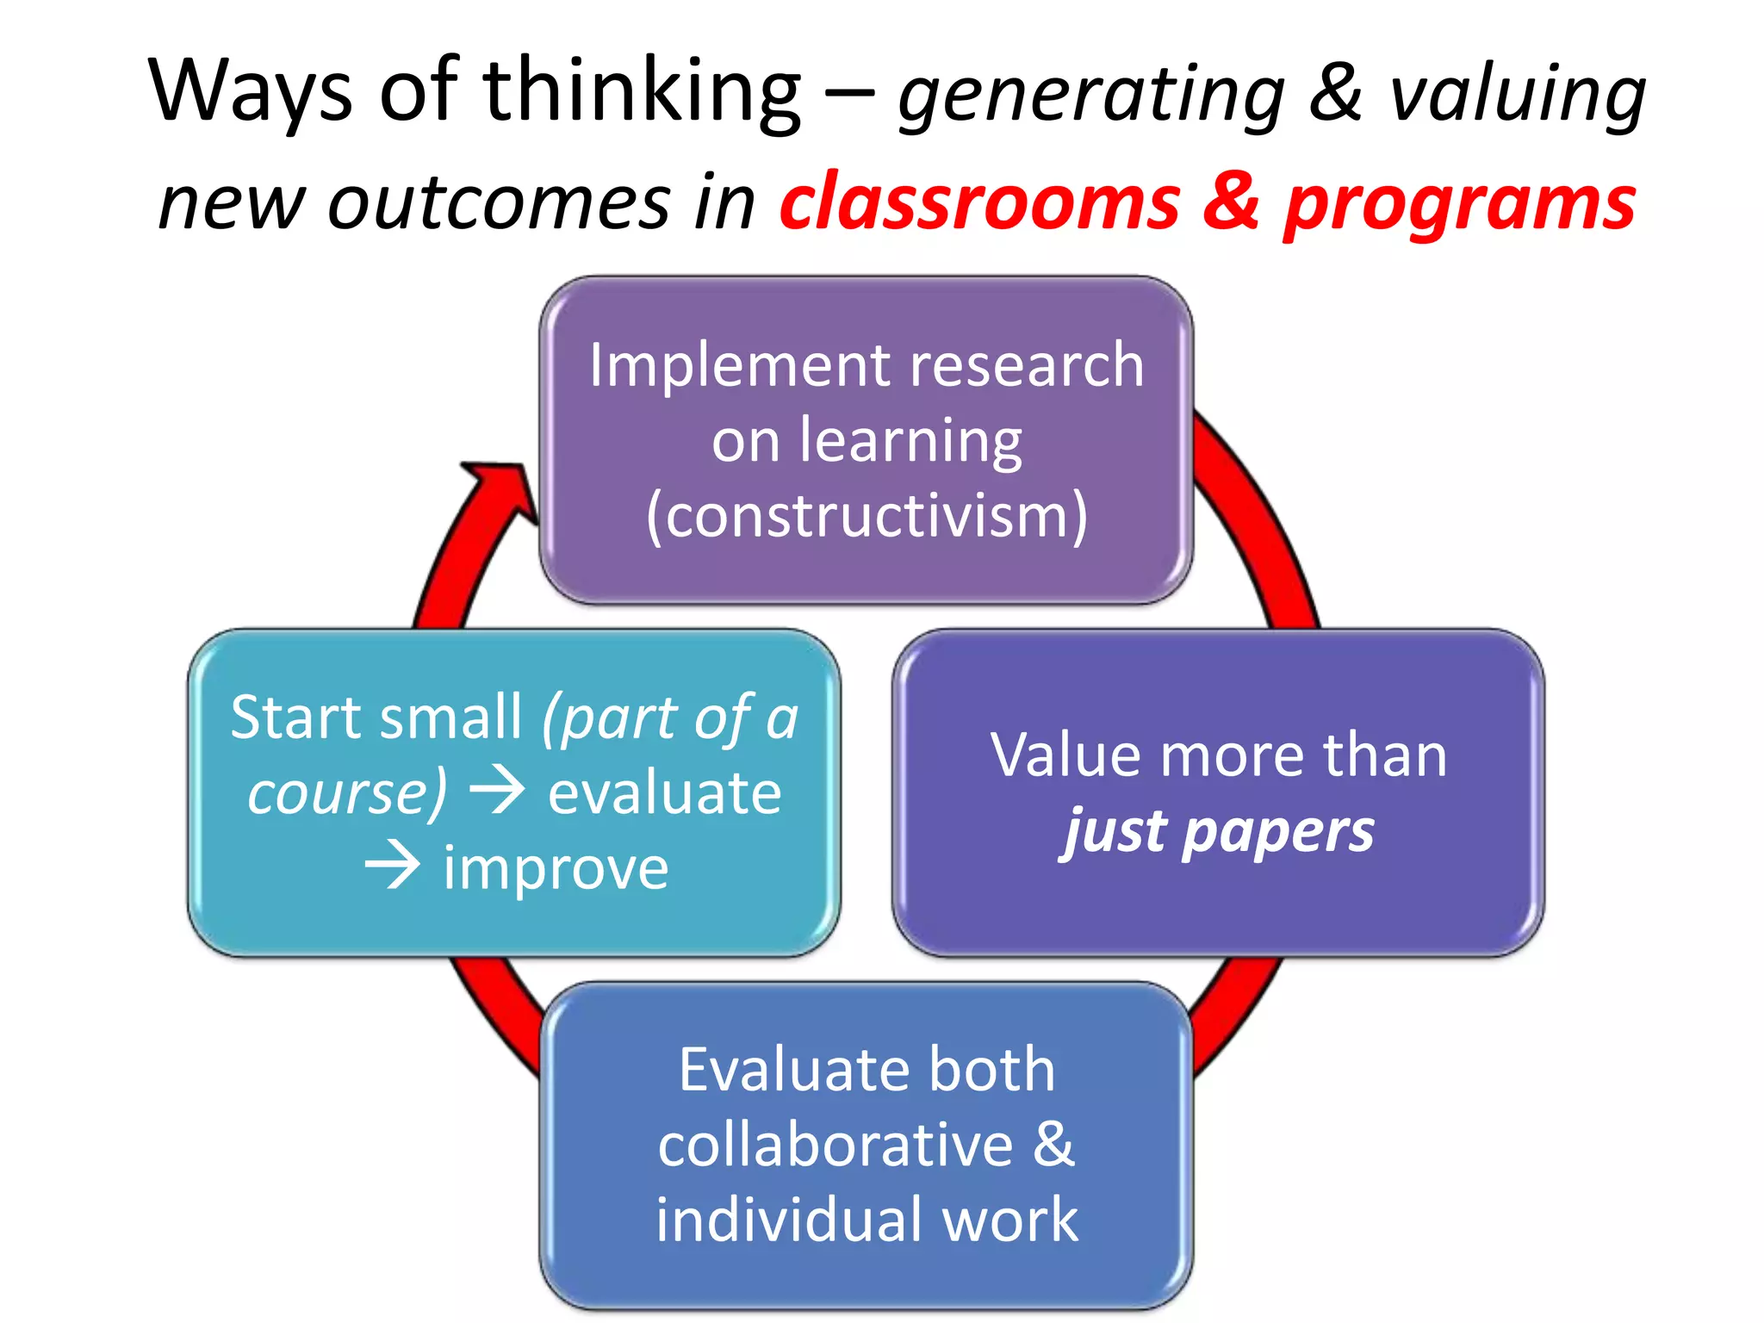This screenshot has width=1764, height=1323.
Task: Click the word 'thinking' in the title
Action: pos(642,90)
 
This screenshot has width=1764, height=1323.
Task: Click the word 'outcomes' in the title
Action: pos(499,202)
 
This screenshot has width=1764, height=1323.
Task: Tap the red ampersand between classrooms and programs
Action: pos(1231,201)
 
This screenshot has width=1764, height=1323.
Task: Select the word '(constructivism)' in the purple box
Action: pos(866,516)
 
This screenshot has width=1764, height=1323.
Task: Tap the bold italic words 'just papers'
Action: pos(1218,832)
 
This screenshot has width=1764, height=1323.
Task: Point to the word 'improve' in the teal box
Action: pos(556,868)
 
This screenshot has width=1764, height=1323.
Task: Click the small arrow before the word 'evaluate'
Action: pos(496,791)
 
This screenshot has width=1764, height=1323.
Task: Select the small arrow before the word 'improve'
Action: pos(393,866)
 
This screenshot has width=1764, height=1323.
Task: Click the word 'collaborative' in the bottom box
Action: pos(835,1145)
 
